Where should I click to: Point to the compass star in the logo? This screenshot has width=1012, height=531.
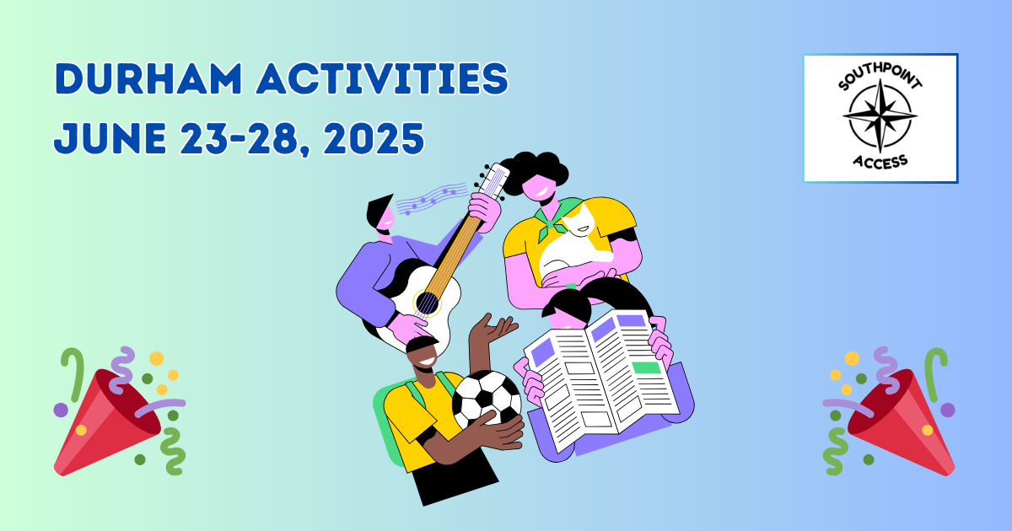(x=880, y=115)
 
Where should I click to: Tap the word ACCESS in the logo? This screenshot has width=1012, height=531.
(x=880, y=160)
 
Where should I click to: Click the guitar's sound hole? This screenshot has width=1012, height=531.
(x=427, y=303)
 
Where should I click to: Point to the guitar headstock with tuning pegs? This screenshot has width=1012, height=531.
(x=493, y=181)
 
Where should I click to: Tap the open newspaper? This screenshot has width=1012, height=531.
(x=600, y=371)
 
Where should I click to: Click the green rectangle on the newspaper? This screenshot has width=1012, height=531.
(x=646, y=367)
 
